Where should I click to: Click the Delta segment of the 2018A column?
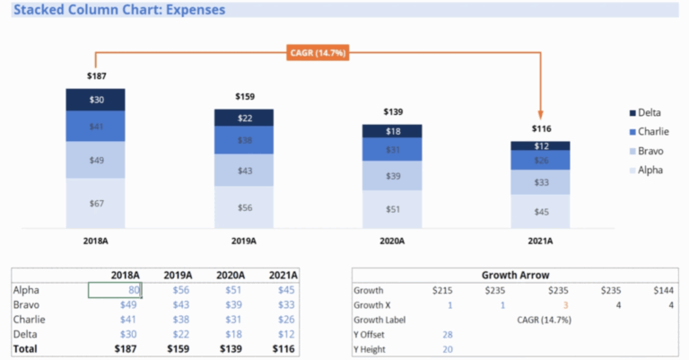pyautogui.click(x=96, y=100)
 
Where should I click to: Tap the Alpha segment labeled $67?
pyautogui.click(x=96, y=203)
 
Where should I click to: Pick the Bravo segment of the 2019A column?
pyautogui.click(x=244, y=171)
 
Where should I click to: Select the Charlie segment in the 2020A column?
pyautogui.click(x=392, y=149)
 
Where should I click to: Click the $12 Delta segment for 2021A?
pyautogui.click(x=540, y=145)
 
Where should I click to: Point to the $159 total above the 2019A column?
pyautogui.click(x=244, y=96)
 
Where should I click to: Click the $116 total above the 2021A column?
pyautogui.click(x=540, y=128)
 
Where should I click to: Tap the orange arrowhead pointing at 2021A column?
pyautogui.click(x=540, y=115)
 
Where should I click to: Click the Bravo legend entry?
pyautogui.click(x=650, y=151)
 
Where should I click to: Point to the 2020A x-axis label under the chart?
pyautogui.click(x=392, y=241)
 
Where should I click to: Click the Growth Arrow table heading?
pyautogui.click(x=516, y=276)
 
